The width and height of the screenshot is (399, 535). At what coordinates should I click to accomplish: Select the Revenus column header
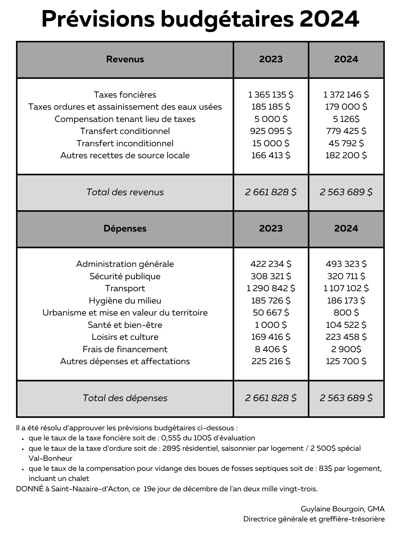coord(125,59)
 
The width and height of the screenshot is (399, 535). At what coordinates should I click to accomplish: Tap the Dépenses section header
coord(125,229)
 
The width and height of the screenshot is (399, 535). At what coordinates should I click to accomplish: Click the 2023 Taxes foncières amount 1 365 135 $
coord(271,95)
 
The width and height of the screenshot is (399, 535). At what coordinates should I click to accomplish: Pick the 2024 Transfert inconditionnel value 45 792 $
coord(346,143)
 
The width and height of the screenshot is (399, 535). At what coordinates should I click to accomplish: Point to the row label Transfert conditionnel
coord(125,131)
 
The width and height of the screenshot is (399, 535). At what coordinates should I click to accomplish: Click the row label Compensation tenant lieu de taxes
coord(125,119)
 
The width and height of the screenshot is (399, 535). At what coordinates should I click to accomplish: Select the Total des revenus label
coord(125,192)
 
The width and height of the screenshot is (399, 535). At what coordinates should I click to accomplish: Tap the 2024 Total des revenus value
coord(346,192)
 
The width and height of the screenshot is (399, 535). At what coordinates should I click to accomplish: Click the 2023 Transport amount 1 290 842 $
coord(271,288)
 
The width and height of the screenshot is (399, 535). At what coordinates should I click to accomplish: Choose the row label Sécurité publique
coord(125,276)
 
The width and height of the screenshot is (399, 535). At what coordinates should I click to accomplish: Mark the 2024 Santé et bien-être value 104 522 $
coord(346,325)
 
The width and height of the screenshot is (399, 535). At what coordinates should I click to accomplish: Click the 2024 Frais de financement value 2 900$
coord(346,349)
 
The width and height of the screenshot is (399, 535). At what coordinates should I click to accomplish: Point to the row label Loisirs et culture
coord(125,337)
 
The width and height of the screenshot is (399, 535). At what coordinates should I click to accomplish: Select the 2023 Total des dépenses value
coord(271,398)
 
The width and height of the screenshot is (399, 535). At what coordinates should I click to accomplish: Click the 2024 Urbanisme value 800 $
coord(346,313)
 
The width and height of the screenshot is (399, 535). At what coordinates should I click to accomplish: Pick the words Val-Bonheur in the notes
coord(50,458)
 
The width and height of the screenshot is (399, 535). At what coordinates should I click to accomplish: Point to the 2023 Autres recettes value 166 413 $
coord(271,155)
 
